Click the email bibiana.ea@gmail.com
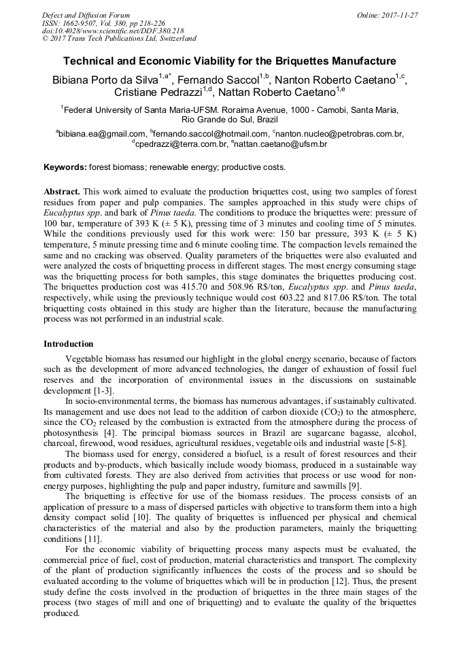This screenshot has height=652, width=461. [x=102, y=134]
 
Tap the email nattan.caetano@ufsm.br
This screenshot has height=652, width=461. [x=282, y=144]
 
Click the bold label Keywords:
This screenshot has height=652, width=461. [x=65, y=167]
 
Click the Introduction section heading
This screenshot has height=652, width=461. [x=69, y=344]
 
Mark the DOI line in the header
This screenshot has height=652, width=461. [x=113, y=31]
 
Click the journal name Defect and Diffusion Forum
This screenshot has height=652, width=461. [x=86, y=15]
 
